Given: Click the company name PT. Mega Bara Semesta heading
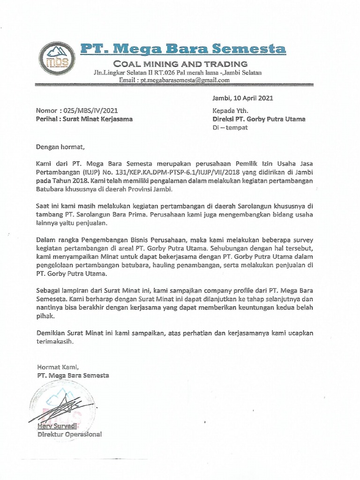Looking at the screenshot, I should click(x=182, y=49).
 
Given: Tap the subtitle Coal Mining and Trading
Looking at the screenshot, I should click(x=181, y=64).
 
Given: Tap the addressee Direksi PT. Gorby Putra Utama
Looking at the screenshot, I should click(x=259, y=119).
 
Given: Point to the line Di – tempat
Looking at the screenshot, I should click(x=230, y=127).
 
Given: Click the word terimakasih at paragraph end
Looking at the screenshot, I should click(x=55, y=342).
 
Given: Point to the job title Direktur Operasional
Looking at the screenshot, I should click(x=69, y=435).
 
